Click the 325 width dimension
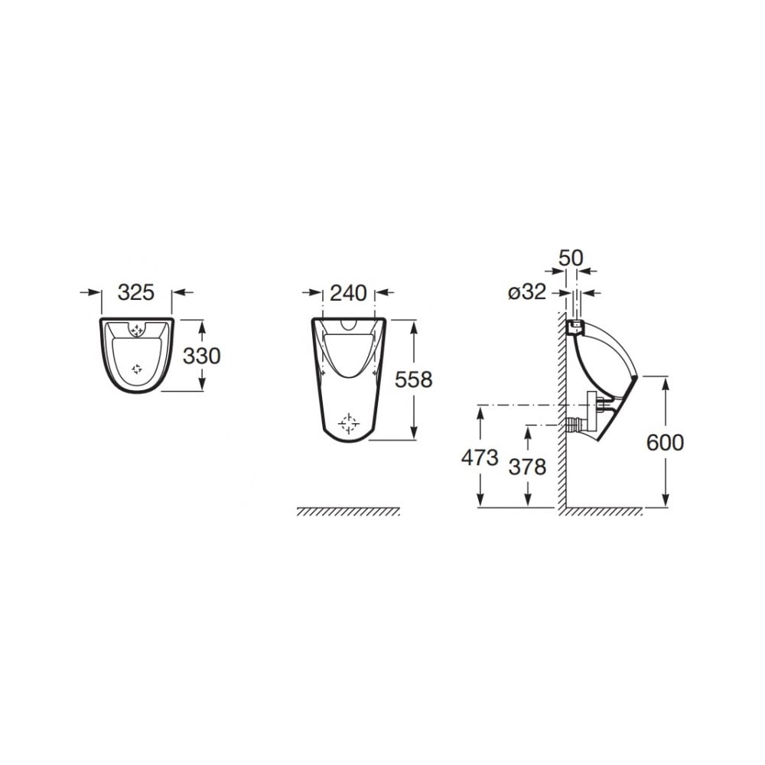click(x=136, y=292)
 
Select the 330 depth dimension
click(x=201, y=356)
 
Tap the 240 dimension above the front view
click(x=348, y=293)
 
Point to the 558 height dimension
click(x=413, y=379)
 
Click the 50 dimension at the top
click(x=571, y=258)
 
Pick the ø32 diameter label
click(x=527, y=292)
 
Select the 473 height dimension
click(x=480, y=457)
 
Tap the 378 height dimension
click(x=527, y=467)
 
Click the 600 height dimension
click(x=665, y=442)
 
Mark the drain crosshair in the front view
click(x=349, y=424)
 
